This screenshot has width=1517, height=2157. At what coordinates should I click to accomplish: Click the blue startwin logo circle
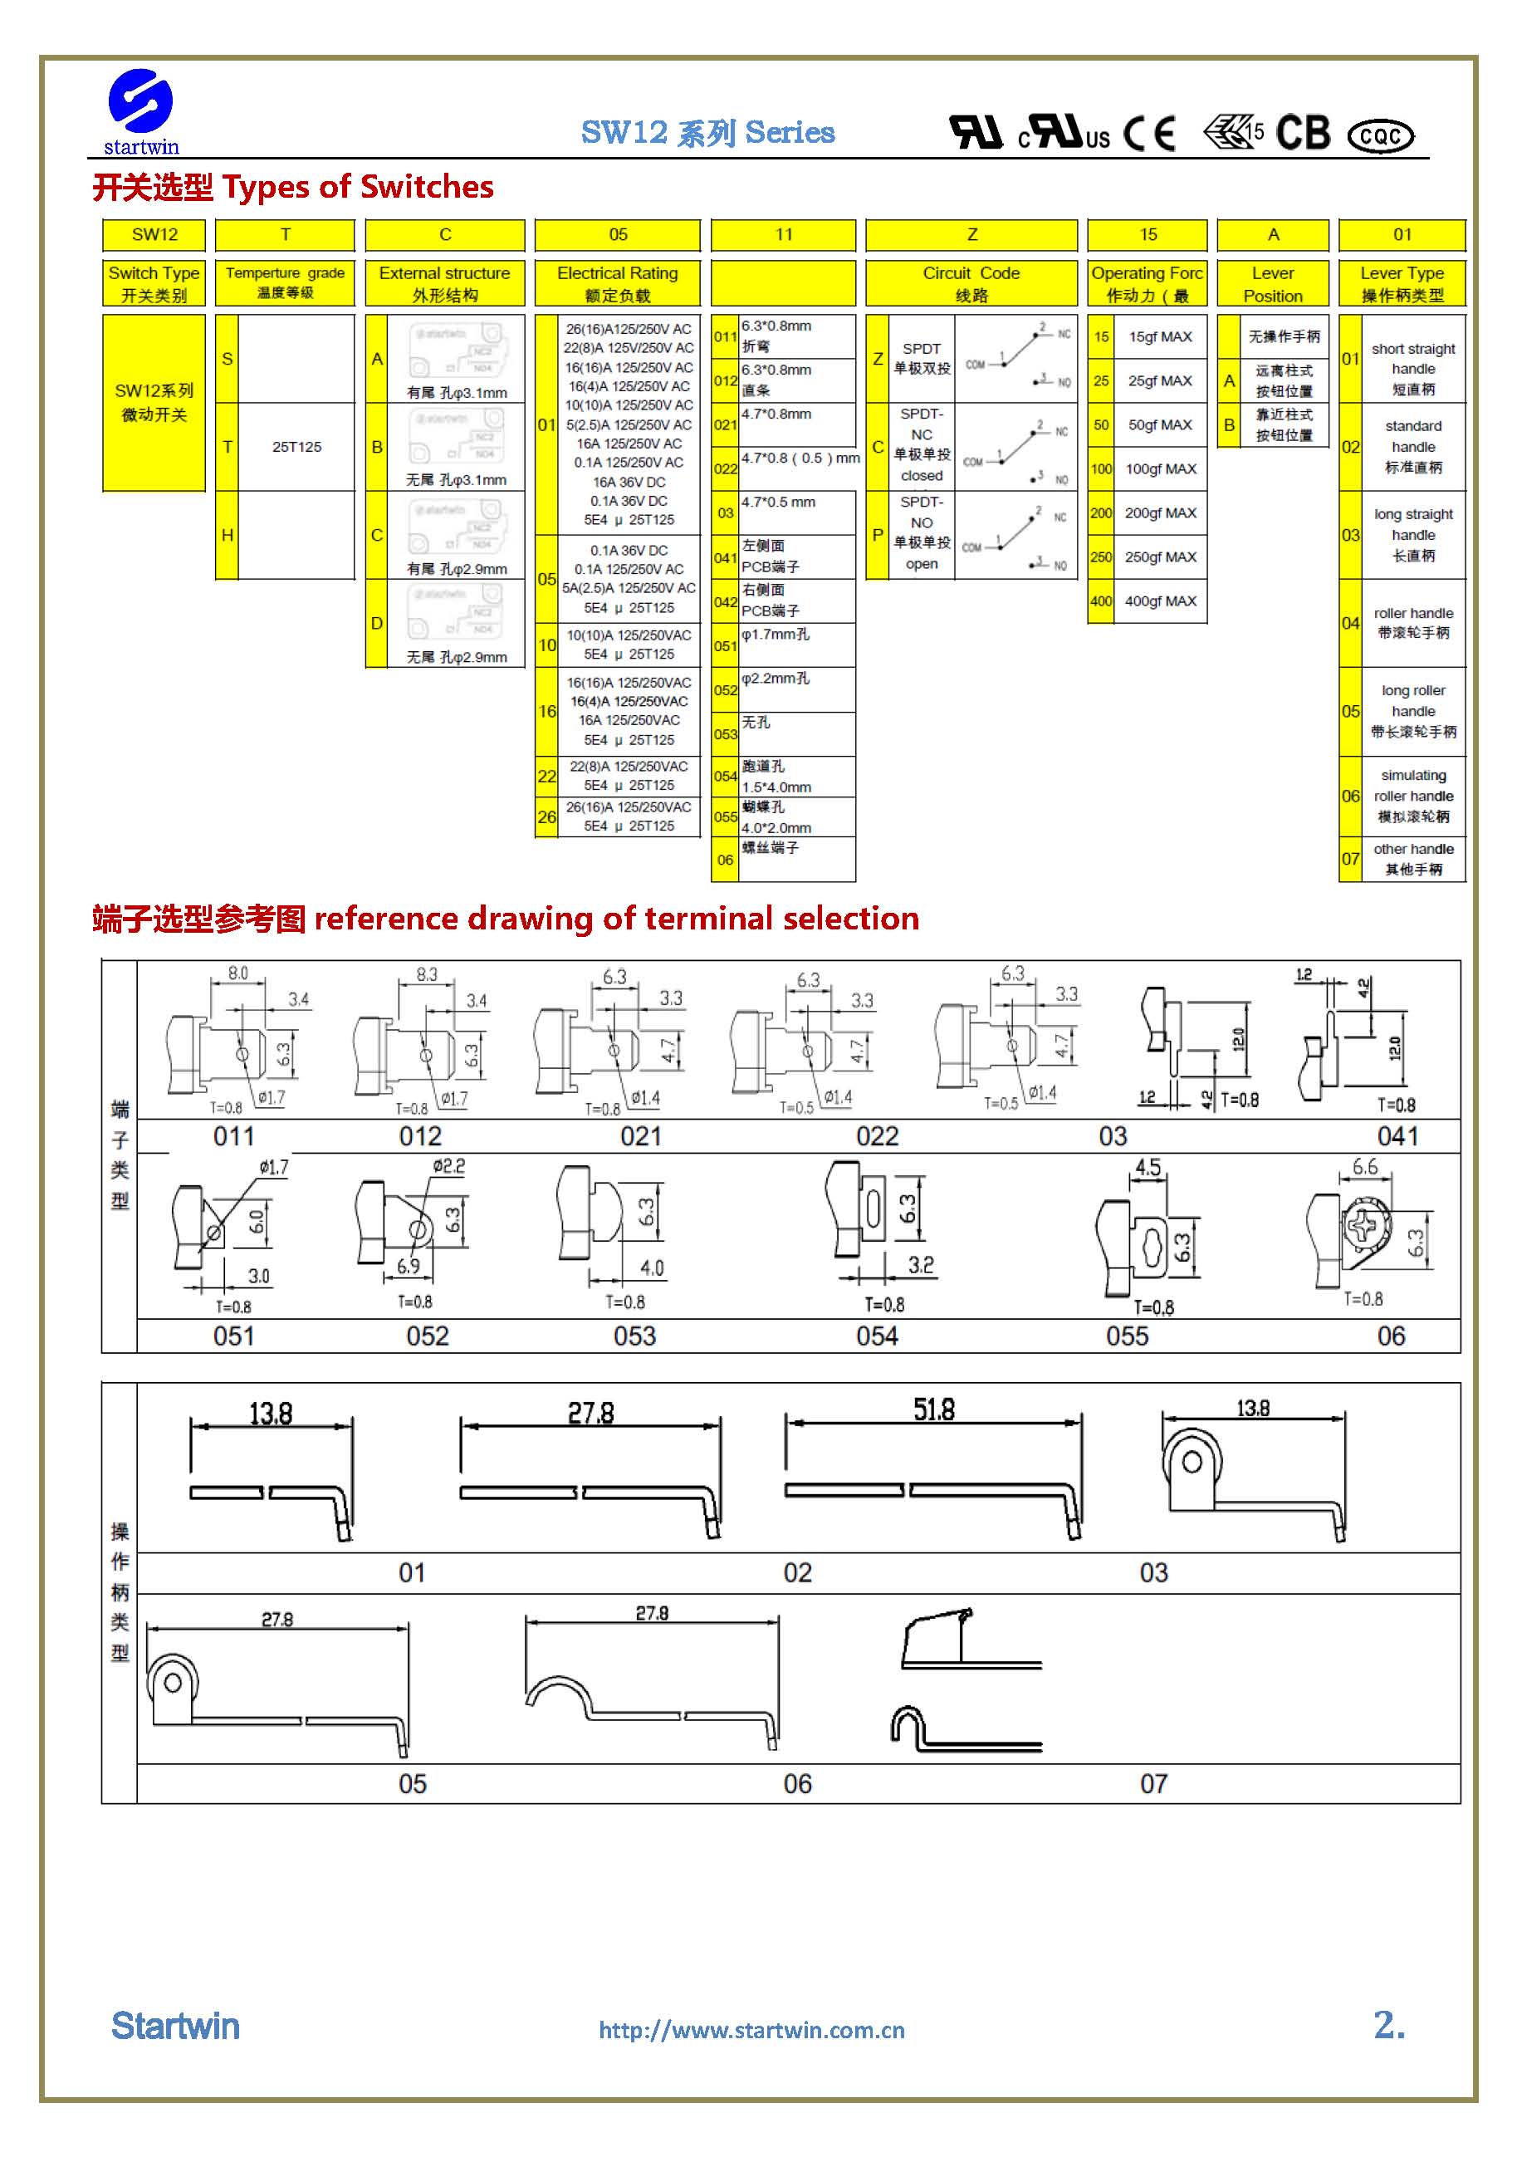[x=140, y=100]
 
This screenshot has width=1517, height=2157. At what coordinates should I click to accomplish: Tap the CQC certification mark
[x=1379, y=136]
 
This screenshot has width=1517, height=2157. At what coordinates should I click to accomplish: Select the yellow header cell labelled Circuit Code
[x=971, y=282]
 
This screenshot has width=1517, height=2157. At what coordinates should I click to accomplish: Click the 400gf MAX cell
[x=1160, y=601]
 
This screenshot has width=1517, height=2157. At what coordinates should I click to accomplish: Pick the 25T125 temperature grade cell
[x=296, y=447]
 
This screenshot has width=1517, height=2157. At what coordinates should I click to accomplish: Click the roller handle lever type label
[x=1412, y=623]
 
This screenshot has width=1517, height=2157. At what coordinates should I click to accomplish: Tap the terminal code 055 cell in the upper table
[x=724, y=817]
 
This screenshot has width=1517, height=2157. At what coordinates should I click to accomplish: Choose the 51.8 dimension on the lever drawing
[x=932, y=1409]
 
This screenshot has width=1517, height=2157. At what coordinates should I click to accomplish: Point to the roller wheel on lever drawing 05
[x=174, y=1684]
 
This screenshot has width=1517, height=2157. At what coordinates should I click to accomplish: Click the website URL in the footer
[x=751, y=2030]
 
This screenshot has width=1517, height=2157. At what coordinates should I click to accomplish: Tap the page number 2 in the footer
[x=1388, y=2025]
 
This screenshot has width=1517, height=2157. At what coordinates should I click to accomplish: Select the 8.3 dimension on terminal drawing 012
[x=427, y=974]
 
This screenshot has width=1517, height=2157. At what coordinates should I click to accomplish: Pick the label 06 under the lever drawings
[x=796, y=1784]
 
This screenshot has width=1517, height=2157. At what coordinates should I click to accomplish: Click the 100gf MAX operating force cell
[x=1160, y=468]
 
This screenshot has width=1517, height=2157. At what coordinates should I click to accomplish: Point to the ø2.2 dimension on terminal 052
[x=448, y=1166]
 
